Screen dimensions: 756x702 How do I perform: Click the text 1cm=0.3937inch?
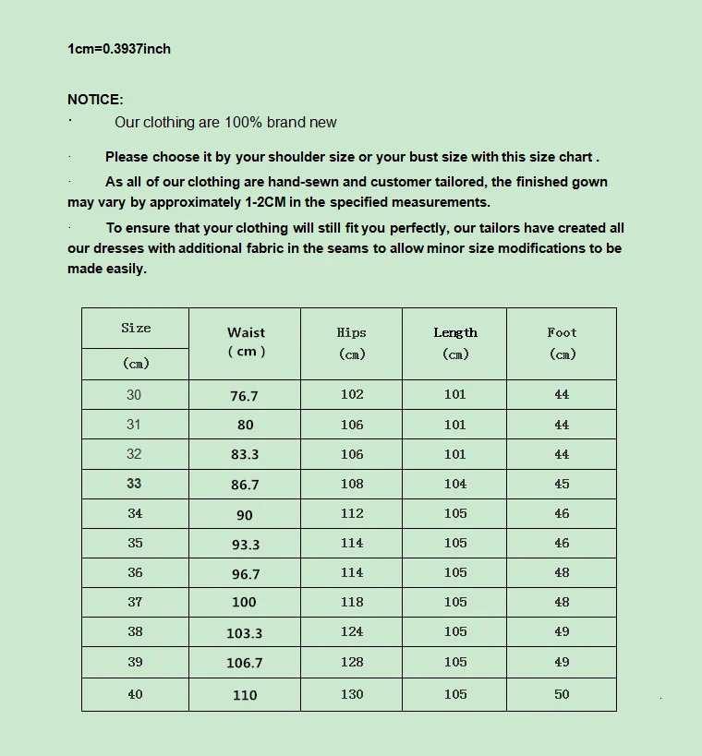[119, 49]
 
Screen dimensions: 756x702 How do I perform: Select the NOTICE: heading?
[95, 100]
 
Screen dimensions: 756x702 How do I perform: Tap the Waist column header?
[246, 342]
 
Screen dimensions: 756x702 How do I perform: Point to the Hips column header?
[351, 342]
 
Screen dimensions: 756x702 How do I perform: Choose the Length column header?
[455, 342]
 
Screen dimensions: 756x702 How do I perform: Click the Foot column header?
[562, 342]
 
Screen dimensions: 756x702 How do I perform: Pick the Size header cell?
[136, 329]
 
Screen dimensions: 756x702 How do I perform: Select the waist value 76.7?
[244, 396]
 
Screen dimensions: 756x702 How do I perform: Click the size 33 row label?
[134, 483]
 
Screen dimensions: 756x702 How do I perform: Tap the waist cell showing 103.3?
[244, 633]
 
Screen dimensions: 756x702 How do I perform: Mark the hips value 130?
[352, 694]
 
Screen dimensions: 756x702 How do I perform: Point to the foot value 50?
[562, 694]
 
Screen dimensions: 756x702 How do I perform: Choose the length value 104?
[455, 484]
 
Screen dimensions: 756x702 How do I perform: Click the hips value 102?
[352, 394]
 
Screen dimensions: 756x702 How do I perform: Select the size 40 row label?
[135, 694]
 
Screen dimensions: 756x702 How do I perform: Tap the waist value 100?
[244, 603]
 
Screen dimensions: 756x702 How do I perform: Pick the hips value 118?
[352, 602]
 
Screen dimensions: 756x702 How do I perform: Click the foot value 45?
[562, 484]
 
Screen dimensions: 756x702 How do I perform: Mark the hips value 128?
[352, 662]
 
